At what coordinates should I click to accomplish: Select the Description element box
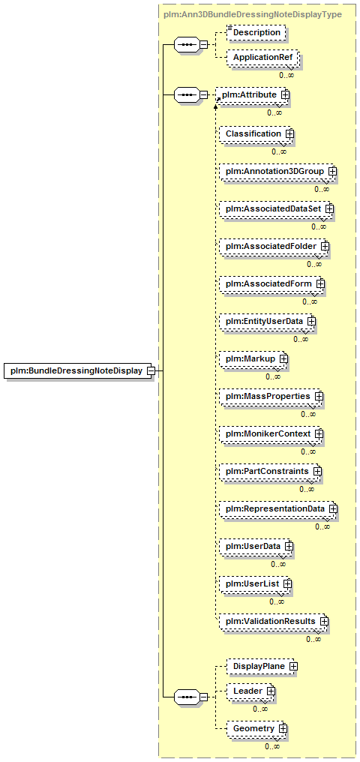256,32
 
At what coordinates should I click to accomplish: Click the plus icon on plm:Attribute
285,94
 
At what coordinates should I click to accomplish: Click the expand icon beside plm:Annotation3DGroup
333,171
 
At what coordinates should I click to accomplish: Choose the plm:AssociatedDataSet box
277,208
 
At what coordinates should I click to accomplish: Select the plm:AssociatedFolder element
274,247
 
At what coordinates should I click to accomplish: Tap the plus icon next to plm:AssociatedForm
319,283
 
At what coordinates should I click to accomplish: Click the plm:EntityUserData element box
268,321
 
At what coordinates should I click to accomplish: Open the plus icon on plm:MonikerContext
319,433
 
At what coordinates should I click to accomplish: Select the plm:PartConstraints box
270,472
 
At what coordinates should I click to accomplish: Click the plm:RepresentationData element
278,508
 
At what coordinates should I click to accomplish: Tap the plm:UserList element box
255,583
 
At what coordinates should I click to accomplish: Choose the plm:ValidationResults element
274,622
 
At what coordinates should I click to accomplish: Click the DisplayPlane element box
262,667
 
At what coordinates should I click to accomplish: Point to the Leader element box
250,691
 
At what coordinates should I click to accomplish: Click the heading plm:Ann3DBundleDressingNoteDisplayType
252,14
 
